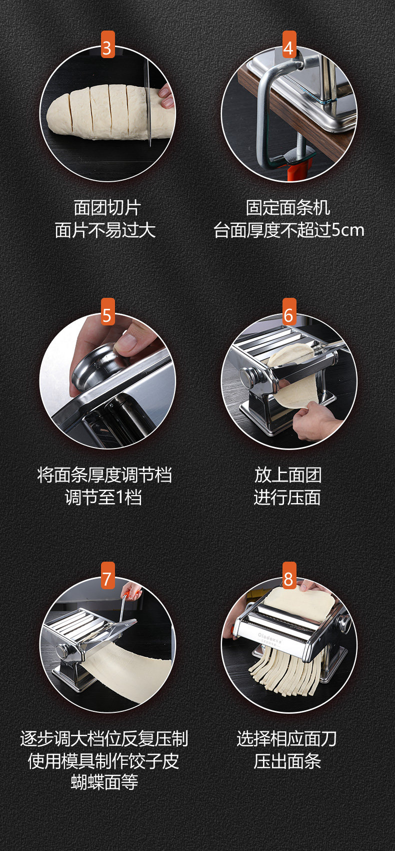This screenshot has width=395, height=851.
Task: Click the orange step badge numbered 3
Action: click(x=107, y=45)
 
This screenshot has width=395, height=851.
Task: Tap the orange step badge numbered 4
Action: click(x=289, y=45)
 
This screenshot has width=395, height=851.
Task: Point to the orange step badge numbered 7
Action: click(x=107, y=576)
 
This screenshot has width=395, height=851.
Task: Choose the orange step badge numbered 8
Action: click(x=289, y=576)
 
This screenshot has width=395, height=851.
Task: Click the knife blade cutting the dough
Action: click(x=148, y=103)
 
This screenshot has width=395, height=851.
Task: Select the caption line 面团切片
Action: click(x=107, y=207)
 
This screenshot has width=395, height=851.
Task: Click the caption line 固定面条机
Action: click(x=288, y=207)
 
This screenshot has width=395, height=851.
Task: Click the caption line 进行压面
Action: click(x=287, y=497)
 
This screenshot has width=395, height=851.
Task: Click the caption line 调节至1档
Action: click(x=103, y=497)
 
